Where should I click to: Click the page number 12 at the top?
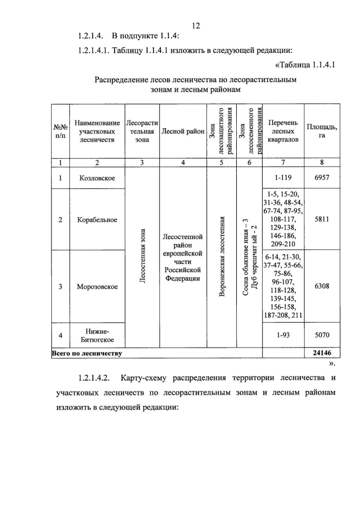coord(196,26)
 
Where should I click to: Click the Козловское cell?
coord(97,178)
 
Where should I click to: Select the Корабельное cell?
coord(97,219)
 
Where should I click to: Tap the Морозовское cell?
coord(97,287)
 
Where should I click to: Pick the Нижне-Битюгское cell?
coord(97,335)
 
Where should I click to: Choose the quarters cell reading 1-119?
coord(283,178)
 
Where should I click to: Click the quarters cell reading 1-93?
coord(283,335)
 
